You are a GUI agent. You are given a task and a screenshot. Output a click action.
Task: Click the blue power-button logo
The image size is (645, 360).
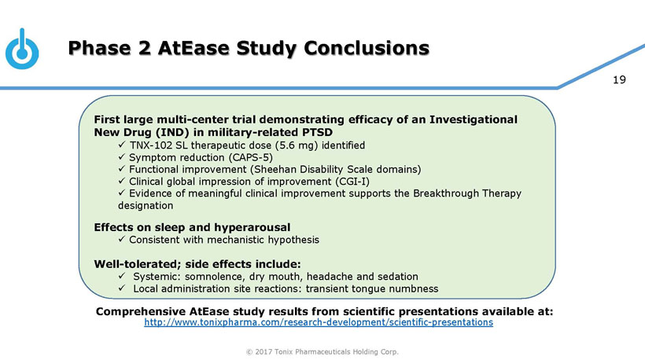(x=21, y=52)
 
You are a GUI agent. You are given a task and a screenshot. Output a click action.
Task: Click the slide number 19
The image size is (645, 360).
(x=619, y=79)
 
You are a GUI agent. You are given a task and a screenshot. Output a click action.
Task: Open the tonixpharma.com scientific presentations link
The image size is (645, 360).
(x=319, y=323)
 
